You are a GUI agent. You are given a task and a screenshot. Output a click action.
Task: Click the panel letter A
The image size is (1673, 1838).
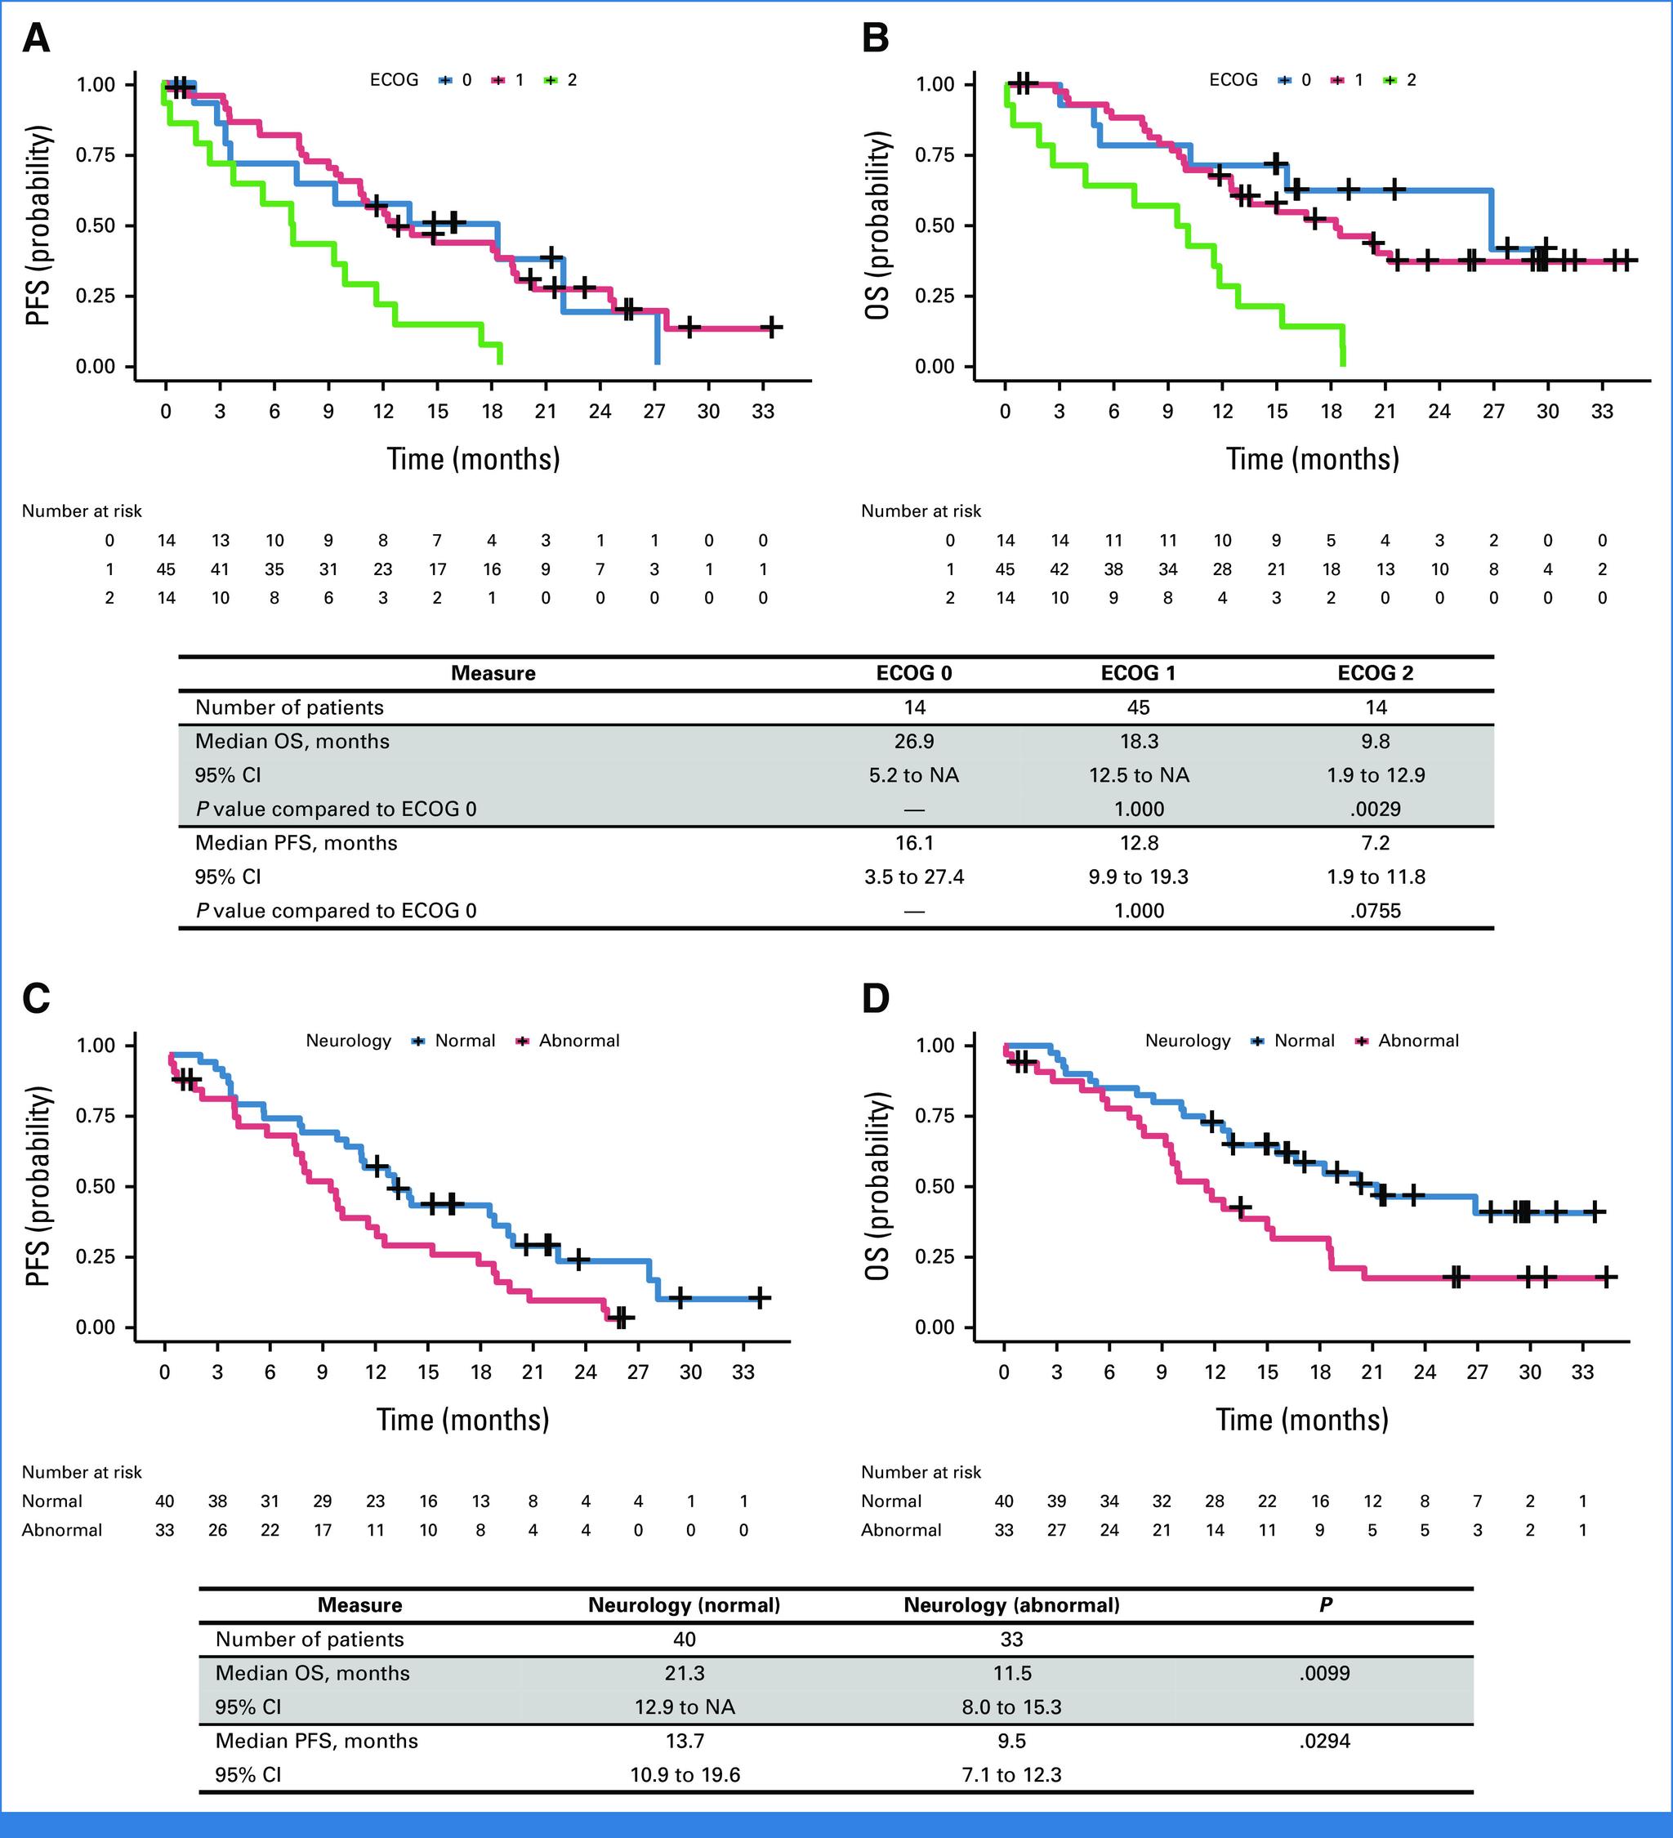[x=36, y=39]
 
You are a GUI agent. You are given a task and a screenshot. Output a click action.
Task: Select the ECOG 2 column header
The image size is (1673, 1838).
[x=1375, y=673]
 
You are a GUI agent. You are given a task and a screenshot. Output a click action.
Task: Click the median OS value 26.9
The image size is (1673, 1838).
[x=913, y=741]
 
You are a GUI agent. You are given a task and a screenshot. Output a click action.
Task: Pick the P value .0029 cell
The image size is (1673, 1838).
[x=1375, y=809]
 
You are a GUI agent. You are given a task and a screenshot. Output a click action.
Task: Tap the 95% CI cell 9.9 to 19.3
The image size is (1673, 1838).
[x=1139, y=877]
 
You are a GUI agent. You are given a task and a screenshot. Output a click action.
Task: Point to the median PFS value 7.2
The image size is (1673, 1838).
[x=1375, y=842]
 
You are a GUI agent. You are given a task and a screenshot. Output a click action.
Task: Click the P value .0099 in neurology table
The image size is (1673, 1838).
[x=1325, y=1673]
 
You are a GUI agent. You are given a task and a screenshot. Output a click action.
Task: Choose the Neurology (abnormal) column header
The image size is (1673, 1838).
[x=1011, y=1604]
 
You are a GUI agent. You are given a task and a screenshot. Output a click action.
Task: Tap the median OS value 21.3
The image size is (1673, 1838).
[x=685, y=1673]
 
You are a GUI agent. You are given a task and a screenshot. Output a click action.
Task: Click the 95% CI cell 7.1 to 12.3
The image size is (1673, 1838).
[x=1011, y=1774]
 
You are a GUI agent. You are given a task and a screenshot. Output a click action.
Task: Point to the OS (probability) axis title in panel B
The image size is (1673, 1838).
[x=877, y=225]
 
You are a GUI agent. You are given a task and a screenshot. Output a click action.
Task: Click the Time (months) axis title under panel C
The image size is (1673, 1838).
[x=463, y=1419]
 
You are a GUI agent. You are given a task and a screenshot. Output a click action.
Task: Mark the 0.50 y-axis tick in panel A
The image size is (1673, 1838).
[x=96, y=225]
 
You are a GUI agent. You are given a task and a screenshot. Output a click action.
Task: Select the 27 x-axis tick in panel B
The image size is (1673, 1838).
[x=1493, y=411]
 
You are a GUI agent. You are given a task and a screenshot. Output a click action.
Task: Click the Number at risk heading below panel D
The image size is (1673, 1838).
[x=921, y=1471]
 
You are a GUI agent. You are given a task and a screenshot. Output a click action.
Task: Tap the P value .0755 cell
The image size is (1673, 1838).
[x=1375, y=910]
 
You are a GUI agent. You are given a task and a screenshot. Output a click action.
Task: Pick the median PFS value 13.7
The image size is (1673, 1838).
[x=685, y=1741]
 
